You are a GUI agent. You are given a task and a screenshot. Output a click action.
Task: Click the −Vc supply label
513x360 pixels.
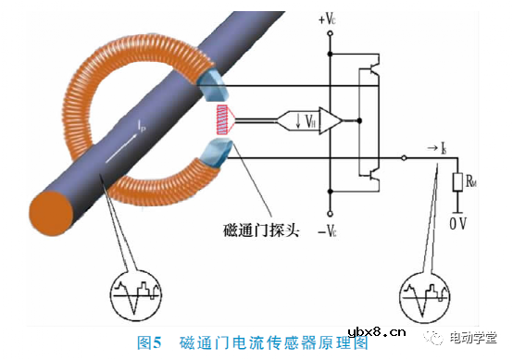pyautogui.click(x=331, y=230)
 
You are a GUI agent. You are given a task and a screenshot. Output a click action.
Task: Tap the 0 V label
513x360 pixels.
pyautogui.click(x=457, y=222)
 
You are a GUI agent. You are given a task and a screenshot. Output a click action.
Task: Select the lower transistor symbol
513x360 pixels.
pyautogui.click(x=376, y=172)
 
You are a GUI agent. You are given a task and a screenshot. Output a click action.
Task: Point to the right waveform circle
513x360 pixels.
pyautogui.click(x=423, y=298)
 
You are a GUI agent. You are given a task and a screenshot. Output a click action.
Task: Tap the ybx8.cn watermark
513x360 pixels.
pyautogui.click(x=377, y=334)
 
